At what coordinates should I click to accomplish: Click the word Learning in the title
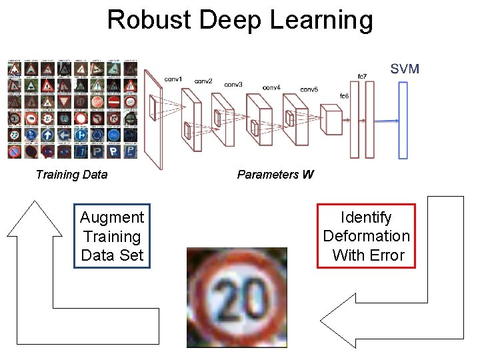[321, 21]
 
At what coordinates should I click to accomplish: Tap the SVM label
[405, 69]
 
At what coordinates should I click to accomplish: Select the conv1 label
[174, 79]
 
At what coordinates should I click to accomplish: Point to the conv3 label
[233, 85]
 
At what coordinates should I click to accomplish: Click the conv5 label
[309, 89]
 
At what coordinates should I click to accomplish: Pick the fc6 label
[344, 97]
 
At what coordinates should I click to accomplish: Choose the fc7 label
[362, 76]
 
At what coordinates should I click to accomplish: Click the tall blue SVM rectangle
[403, 120]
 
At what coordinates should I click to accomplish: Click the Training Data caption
[71, 175]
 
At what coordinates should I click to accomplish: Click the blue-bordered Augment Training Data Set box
[112, 236]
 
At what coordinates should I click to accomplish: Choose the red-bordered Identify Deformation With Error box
[366, 236]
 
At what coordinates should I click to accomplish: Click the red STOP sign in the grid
[97, 102]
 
